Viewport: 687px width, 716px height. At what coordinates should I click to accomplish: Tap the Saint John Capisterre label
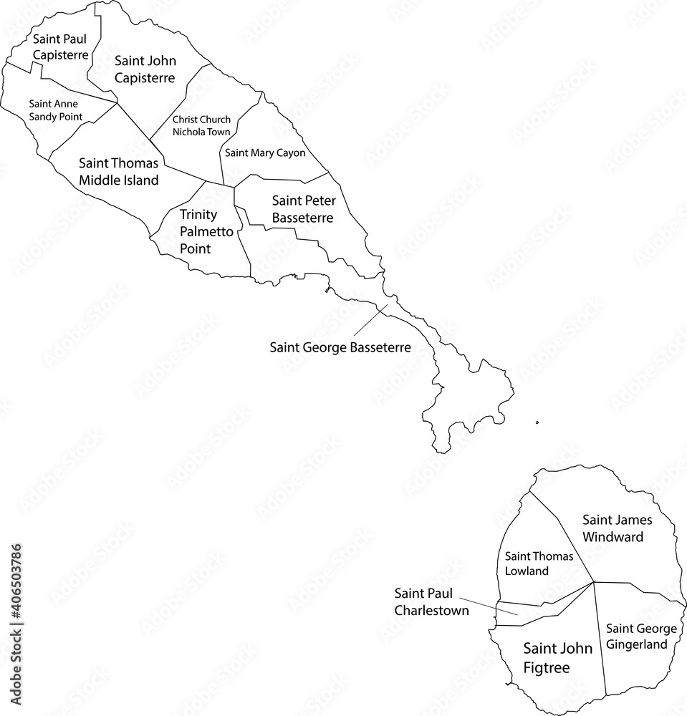click(x=145, y=69)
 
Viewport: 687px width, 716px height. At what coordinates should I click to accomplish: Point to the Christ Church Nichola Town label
click(x=201, y=126)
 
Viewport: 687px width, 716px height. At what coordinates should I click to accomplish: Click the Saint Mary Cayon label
click(x=265, y=153)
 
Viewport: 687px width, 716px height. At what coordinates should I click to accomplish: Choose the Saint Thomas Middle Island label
click(x=118, y=172)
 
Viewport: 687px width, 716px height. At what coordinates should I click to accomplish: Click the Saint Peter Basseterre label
click(x=303, y=209)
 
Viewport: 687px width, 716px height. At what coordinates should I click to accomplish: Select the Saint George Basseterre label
click(x=340, y=347)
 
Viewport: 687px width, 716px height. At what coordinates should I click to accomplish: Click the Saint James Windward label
click(x=612, y=528)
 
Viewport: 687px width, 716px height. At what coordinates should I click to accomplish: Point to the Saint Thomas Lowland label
click(x=529, y=563)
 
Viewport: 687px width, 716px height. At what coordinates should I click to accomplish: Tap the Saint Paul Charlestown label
click(x=431, y=601)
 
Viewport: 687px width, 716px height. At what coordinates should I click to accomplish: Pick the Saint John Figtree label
click(x=557, y=658)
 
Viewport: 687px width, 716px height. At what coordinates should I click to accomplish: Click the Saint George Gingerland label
click(x=641, y=636)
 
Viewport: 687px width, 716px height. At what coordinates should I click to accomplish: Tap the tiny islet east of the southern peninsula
click(x=537, y=422)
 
